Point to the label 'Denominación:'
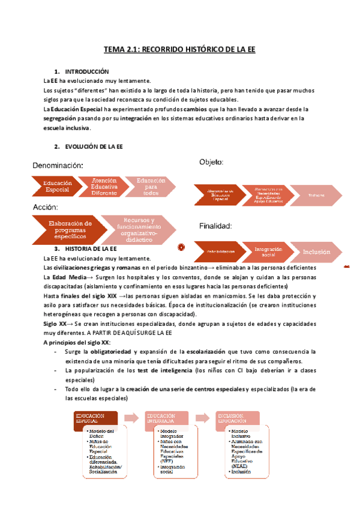click(58, 165)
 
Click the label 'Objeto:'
click(211, 162)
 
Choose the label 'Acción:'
click(45, 207)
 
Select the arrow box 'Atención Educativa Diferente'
click(104, 187)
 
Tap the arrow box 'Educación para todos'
click(151, 186)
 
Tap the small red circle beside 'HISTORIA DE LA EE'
click(181, 247)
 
